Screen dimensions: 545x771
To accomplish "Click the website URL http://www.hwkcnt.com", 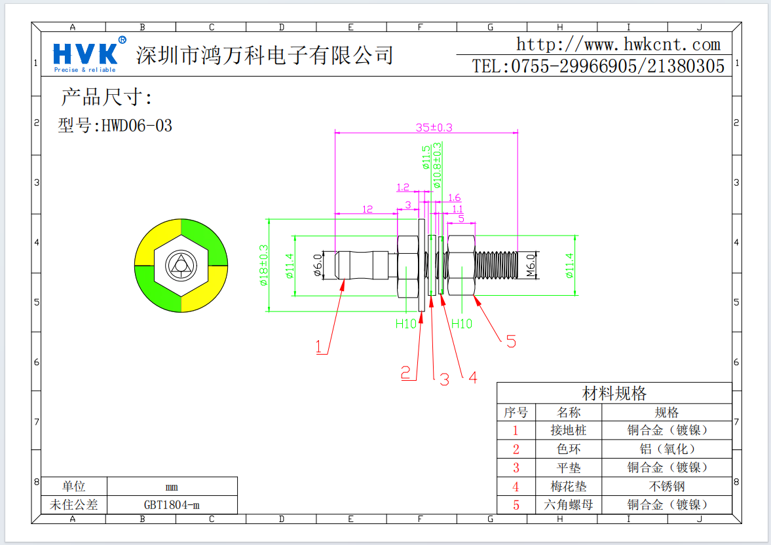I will click(x=618, y=44).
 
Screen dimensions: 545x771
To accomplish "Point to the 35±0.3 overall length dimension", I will click(x=434, y=128).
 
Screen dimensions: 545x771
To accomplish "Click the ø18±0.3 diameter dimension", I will click(x=263, y=265).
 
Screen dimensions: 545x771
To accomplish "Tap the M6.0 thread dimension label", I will click(x=532, y=266).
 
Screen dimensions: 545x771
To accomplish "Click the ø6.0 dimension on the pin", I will click(x=318, y=265).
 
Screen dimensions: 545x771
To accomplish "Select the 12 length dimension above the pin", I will click(x=367, y=209).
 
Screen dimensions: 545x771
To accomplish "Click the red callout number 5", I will click(x=511, y=341).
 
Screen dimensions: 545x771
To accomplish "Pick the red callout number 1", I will click(x=320, y=347).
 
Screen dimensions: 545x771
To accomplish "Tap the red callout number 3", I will click(x=444, y=379).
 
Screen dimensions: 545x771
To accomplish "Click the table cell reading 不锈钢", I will click(x=666, y=486).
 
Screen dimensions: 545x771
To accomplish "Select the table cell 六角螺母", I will click(x=568, y=505).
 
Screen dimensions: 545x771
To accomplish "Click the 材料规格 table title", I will click(x=614, y=393).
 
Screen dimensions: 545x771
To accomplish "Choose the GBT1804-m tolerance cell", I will click(x=172, y=505).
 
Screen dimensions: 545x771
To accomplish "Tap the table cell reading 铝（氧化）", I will click(x=666, y=449).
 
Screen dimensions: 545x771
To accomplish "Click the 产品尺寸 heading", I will click(x=106, y=97).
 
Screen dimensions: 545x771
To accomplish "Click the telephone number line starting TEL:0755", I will click(x=598, y=66).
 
